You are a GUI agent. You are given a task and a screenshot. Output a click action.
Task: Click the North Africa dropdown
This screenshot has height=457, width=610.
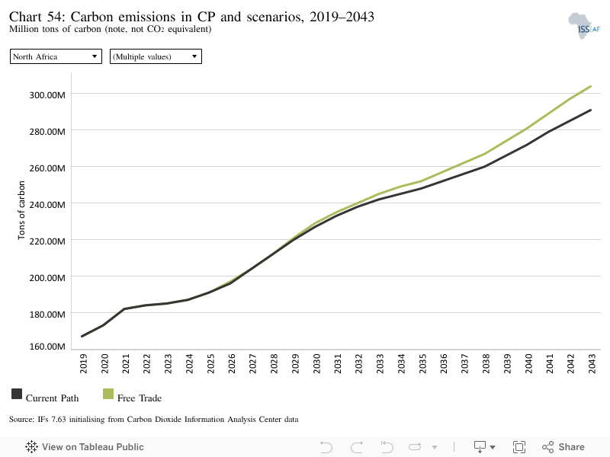pyautogui.click(x=56, y=56)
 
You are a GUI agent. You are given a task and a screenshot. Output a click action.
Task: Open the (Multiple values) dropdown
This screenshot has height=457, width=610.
pyautogui.click(x=156, y=56)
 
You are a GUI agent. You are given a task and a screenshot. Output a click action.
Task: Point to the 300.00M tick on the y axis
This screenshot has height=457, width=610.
pyautogui.click(x=47, y=94)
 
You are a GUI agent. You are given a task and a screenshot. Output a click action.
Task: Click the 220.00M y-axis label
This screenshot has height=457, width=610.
pyautogui.click(x=47, y=241)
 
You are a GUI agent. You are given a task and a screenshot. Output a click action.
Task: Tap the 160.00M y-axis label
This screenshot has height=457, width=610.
pyautogui.click(x=47, y=347)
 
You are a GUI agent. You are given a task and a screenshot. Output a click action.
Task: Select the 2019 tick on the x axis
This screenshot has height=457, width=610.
pyautogui.click(x=83, y=364)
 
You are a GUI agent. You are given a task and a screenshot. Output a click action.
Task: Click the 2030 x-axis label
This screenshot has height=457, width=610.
pyautogui.click(x=316, y=364)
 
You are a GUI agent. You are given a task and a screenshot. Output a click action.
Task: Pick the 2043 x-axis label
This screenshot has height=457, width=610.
pyautogui.click(x=592, y=364)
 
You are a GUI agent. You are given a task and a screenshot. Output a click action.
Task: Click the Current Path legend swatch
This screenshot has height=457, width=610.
pyautogui.click(x=17, y=394)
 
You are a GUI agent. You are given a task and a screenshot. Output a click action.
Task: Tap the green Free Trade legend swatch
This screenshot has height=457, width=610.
pyautogui.click(x=108, y=394)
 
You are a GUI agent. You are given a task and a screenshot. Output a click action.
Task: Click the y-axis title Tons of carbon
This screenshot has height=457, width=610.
pyautogui.click(x=21, y=210)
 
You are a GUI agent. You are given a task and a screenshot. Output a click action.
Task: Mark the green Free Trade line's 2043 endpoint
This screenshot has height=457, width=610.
pyautogui.click(x=591, y=86)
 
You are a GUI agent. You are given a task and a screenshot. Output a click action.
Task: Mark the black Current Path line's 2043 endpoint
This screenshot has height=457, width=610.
pyautogui.click(x=591, y=110)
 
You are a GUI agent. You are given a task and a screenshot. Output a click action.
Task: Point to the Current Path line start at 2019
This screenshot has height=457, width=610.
pyautogui.click(x=82, y=336)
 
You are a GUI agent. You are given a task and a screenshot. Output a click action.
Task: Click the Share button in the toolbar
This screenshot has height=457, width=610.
pyautogui.click(x=563, y=447)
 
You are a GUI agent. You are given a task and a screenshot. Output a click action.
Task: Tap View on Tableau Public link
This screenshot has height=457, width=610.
pyautogui.click(x=85, y=447)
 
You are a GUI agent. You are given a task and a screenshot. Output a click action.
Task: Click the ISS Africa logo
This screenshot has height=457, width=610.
pyautogui.click(x=584, y=26)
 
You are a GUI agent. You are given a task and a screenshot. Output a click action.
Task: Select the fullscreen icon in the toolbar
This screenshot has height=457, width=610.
pyautogui.click(x=519, y=447)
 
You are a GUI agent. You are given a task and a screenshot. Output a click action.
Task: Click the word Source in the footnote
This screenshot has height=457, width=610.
pyautogui.click(x=21, y=420)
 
